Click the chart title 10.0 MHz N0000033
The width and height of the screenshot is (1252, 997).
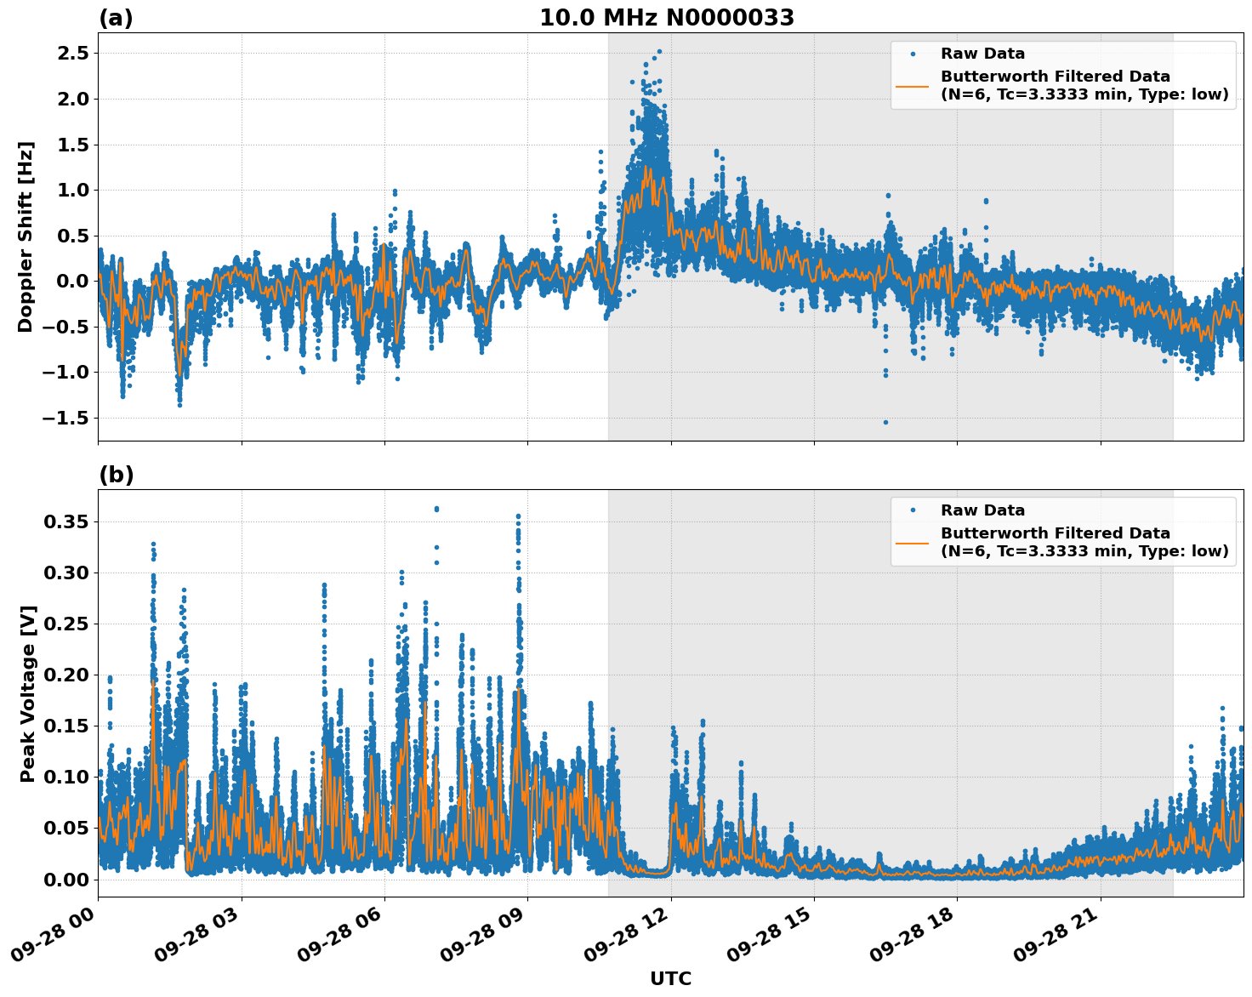[x=666, y=18]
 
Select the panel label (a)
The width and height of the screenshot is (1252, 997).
[x=116, y=18]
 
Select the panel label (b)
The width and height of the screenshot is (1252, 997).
[x=116, y=475]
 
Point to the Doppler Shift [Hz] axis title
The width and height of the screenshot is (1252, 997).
[x=26, y=236]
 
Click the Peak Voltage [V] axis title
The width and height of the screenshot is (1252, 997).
[x=28, y=693]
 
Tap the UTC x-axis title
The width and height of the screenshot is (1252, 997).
[x=670, y=978]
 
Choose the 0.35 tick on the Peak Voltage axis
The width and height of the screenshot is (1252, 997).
[x=67, y=521]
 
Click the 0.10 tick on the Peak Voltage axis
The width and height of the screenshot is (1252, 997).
[x=67, y=777]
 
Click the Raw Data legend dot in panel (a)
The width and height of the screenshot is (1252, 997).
[x=913, y=54]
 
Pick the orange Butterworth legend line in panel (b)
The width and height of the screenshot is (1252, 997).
[x=913, y=542]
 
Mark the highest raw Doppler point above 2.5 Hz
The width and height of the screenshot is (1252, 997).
[x=659, y=51]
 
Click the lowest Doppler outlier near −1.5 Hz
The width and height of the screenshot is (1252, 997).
[x=885, y=422]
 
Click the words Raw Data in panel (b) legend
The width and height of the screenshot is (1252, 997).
[x=982, y=510]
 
